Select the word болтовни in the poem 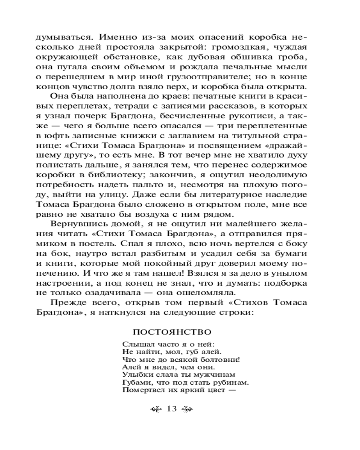pos(217,359)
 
